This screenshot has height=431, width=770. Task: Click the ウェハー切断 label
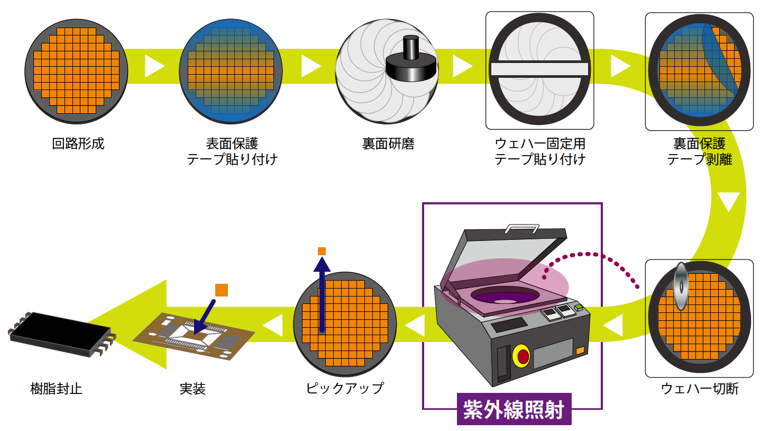(699, 389)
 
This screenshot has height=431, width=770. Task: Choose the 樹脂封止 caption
(56, 389)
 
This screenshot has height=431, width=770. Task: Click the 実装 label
(192, 389)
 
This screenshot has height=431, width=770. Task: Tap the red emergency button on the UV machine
(522, 356)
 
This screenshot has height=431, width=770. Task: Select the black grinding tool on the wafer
(411, 61)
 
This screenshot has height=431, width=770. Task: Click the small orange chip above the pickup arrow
(322, 251)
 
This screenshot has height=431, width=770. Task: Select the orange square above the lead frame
(222, 290)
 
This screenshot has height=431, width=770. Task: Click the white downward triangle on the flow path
(728, 201)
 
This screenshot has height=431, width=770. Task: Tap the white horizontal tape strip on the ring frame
(539, 69)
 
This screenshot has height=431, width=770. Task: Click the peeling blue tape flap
(721, 58)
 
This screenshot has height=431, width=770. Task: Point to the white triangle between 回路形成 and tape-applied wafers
(153, 66)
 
